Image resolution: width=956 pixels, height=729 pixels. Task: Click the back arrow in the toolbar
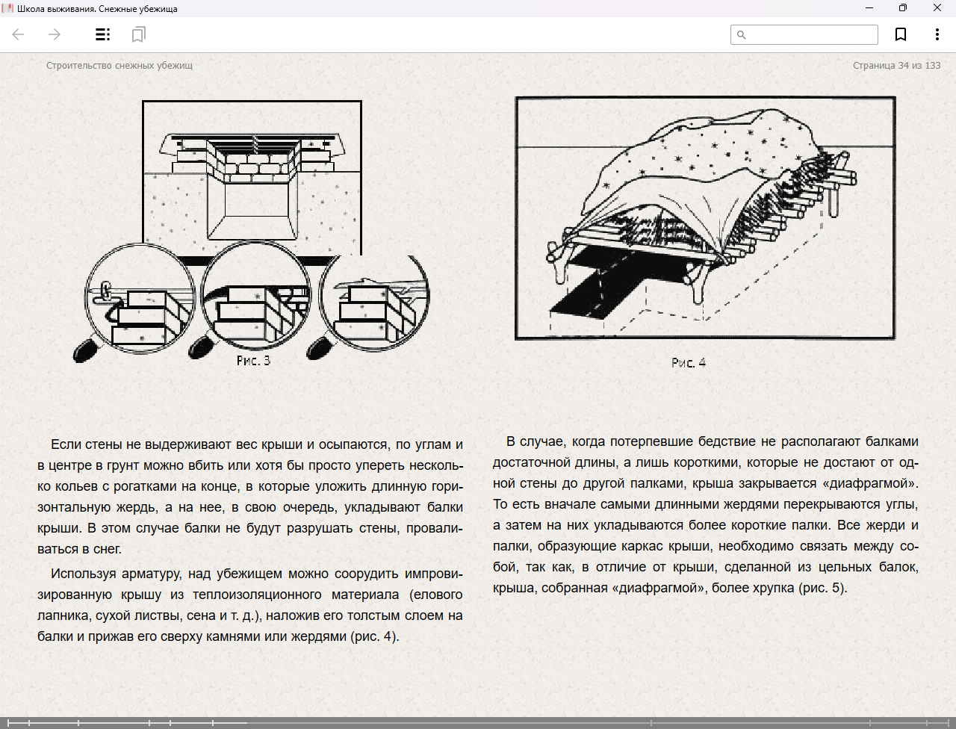pos(19,34)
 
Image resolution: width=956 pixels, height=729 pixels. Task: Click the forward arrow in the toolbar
pos(54,34)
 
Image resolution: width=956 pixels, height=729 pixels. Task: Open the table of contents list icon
pos(103,34)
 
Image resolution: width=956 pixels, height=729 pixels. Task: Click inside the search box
pos(811,34)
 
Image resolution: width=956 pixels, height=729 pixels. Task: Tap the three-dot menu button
pos(937,34)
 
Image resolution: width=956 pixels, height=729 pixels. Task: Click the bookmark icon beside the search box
pos(901,34)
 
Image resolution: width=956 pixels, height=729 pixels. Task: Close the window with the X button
pos(937,8)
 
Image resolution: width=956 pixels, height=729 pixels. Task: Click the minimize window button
pos(869,8)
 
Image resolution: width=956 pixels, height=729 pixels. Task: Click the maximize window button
pos(903,8)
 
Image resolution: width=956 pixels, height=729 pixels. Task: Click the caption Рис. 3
pos(253,361)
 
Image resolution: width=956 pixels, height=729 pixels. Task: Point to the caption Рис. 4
pos(688,363)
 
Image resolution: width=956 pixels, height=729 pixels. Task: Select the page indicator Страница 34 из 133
pos(896,66)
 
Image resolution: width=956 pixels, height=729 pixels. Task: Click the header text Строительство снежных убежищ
pos(119,66)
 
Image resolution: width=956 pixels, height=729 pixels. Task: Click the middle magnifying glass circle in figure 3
pos(256,297)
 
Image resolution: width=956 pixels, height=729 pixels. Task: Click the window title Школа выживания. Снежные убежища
pos(97,8)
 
